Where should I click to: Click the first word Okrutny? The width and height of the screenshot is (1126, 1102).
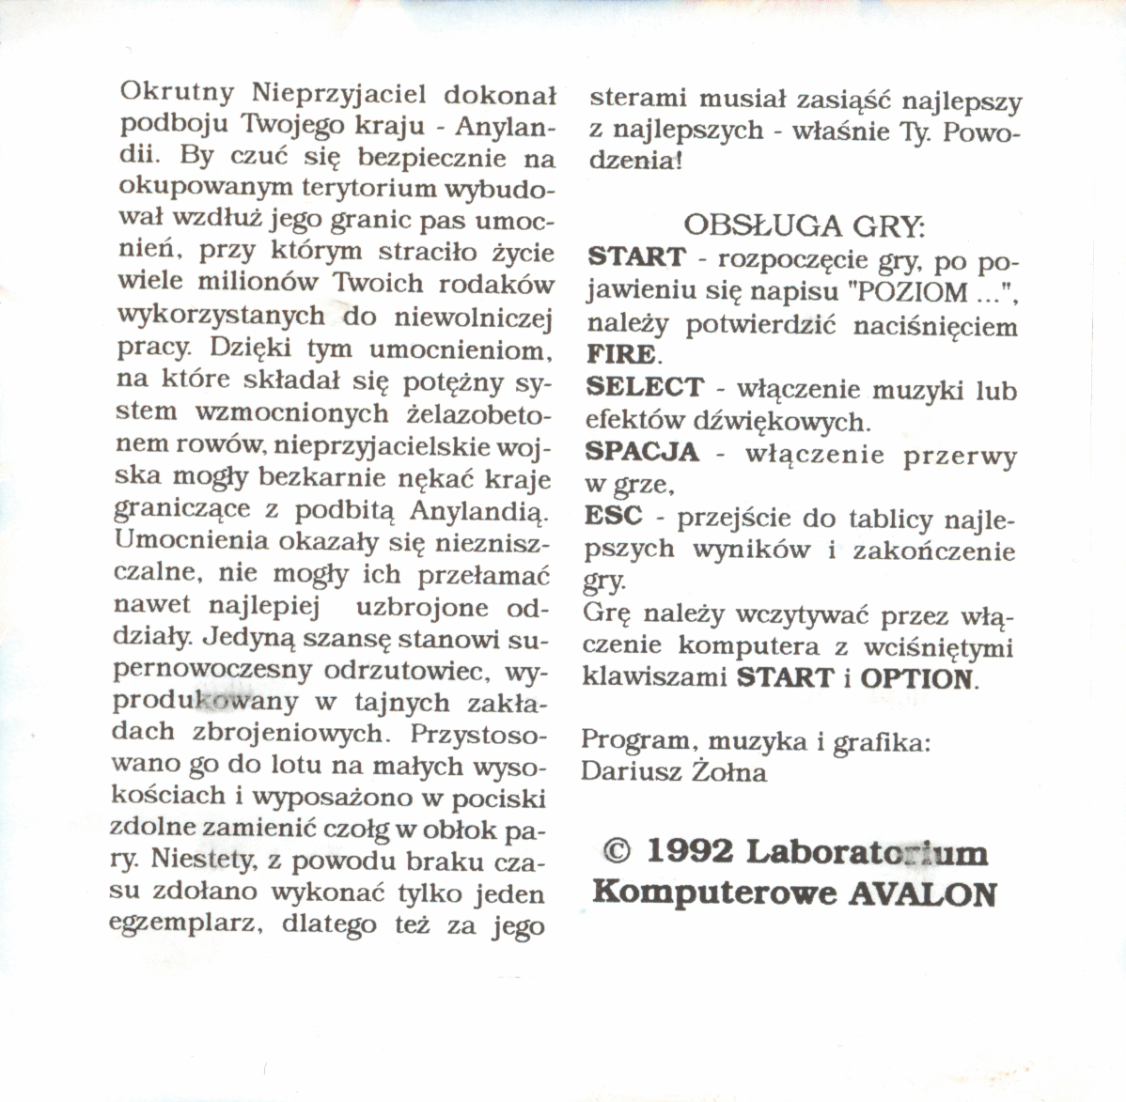177,94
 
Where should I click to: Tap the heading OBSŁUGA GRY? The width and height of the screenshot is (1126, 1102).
804,225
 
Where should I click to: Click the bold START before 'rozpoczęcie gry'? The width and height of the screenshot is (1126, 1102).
636,256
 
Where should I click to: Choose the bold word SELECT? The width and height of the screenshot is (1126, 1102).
644,387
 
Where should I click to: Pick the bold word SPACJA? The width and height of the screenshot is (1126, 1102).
642,452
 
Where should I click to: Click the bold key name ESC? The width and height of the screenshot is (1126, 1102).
614,516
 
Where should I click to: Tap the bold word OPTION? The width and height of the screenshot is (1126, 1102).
915,678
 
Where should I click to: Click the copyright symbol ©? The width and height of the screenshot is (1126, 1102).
616,851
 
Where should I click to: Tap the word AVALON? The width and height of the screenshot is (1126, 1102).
922,892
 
